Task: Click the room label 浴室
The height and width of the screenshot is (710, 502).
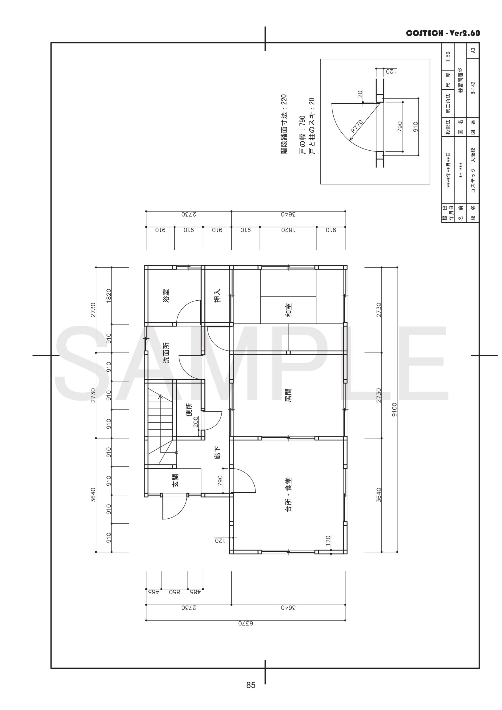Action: click(x=166, y=296)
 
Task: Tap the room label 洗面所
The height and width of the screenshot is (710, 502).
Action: click(x=166, y=353)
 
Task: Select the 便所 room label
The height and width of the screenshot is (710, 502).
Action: click(x=189, y=409)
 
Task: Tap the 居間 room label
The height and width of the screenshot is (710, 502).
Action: click(x=288, y=395)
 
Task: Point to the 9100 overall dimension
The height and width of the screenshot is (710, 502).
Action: click(x=394, y=409)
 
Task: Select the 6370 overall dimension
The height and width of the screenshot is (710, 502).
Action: click(x=245, y=623)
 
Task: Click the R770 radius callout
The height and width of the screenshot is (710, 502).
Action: click(x=357, y=126)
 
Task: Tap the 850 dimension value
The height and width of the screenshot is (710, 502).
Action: click(x=174, y=592)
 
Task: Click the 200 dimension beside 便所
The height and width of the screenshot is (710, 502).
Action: click(x=196, y=422)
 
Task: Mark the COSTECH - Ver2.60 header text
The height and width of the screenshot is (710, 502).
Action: click(x=443, y=33)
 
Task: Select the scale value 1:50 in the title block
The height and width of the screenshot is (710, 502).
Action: click(x=448, y=57)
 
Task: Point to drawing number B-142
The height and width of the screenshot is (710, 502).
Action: click(x=473, y=88)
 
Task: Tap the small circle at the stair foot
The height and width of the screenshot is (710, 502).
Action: click(x=177, y=452)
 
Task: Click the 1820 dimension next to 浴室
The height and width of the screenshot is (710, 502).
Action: click(x=108, y=296)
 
